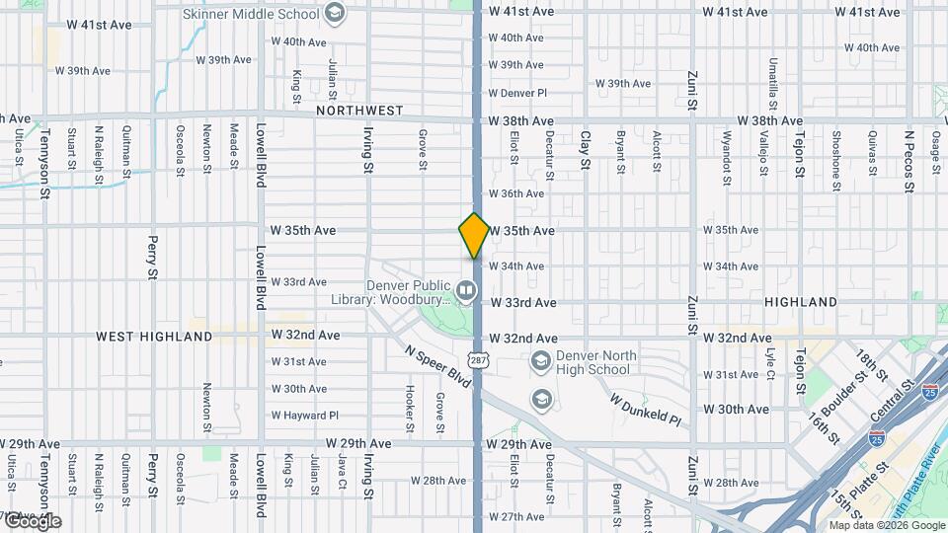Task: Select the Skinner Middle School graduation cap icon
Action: click(335, 13)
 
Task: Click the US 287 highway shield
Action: click(477, 361)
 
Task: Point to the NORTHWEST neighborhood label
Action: click(360, 111)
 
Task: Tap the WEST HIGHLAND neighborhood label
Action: click(154, 337)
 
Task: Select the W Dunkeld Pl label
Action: click(645, 410)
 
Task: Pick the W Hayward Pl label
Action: click(305, 416)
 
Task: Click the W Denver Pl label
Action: click(517, 93)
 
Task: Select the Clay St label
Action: click(586, 150)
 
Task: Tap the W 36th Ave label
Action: click(516, 193)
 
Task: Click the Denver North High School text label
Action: click(593, 362)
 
